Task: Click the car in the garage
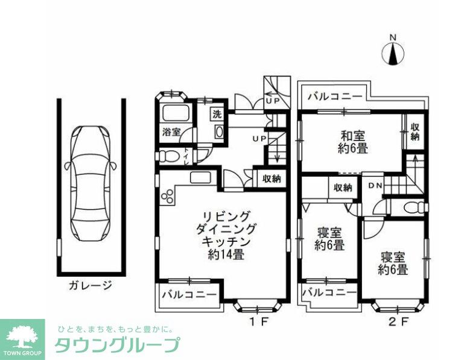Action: (x=91, y=183)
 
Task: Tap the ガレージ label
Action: (x=91, y=284)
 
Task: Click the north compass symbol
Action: (x=393, y=53)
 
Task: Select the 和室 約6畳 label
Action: (x=353, y=142)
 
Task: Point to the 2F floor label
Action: (x=398, y=321)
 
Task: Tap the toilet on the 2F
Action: (x=415, y=207)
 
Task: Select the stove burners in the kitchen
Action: (x=167, y=196)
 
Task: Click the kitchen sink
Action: (x=199, y=177)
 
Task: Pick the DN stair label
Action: (x=375, y=186)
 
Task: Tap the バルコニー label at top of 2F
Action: (x=334, y=96)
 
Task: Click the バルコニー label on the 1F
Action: (x=189, y=295)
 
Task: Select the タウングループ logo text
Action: (x=117, y=345)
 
